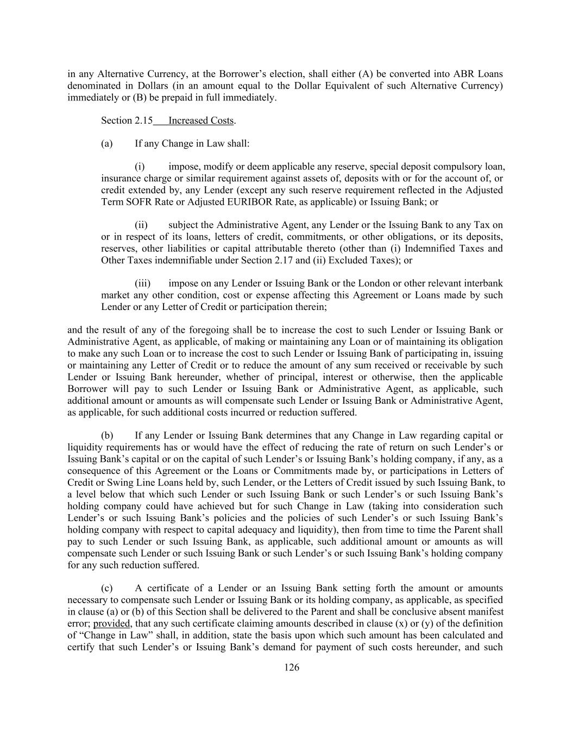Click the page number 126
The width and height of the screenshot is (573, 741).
pyautogui.click(x=292, y=667)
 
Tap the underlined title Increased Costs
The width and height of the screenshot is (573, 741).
pyautogui.click(x=201, y=121)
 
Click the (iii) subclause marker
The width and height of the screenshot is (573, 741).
pyautogui.click(x=142, y=283)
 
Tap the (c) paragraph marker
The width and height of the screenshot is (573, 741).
pyautogui.click(x=106, y=588)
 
